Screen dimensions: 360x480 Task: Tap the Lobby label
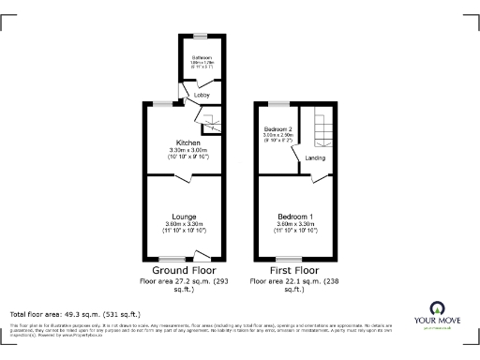(x=202, y=96)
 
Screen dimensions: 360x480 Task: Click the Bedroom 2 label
(x=278, y=128)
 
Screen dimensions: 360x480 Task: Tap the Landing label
(x=316, y=157)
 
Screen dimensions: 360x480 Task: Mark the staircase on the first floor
(x=323, y=128)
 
